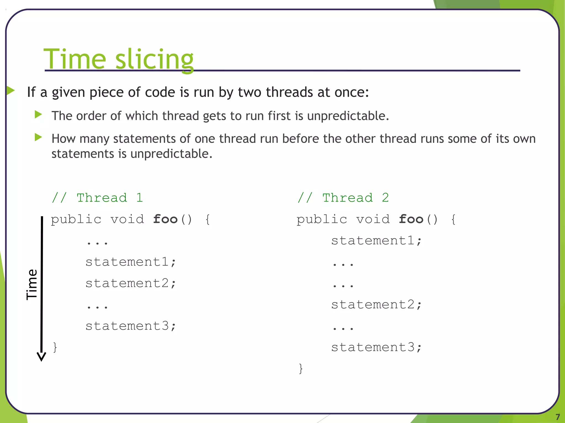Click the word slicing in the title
click(154, 59)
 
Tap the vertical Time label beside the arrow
click(32, 284)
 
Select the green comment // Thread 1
click(97, 198)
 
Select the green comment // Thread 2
click(343, 198)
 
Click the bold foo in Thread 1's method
click(165, 219)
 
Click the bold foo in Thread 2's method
click(411, 219)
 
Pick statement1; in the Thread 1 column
click(130, 262)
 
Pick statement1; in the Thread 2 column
click(376, 241)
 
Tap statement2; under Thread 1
click(130, 283)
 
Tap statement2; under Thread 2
click(376, 305)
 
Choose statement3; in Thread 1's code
click(130, 326)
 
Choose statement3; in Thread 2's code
click(376, 347)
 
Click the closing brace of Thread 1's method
click(55, 347)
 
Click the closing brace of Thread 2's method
click(301, 368)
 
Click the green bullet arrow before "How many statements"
click(38, 137)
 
